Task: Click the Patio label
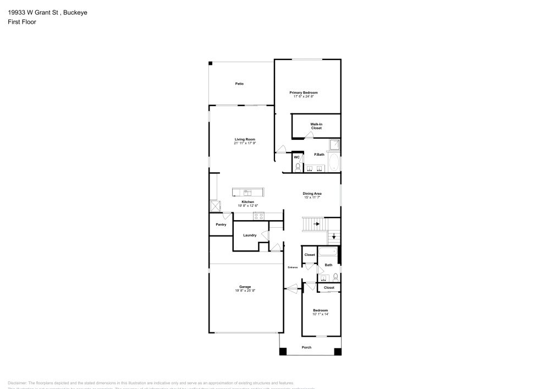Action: (x=239, y=84)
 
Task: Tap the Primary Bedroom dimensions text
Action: (x=304, y=97)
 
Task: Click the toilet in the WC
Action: (x=297, y=166)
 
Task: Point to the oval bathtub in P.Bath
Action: (x=334, y=163)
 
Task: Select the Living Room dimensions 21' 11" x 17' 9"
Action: (x=245, y=143)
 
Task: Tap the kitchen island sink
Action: (x=248, y=193)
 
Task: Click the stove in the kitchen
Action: (x=258, y=215)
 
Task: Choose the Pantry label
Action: (x=221, y=224)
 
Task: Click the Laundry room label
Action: (x=250, y=235)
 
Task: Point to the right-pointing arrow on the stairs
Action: (x=316, y=224)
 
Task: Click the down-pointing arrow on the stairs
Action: (x=333, y=237)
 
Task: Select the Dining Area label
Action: (x=312, y=194)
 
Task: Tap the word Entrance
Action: (x=293, y=267)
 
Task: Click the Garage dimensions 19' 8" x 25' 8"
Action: (x=245, y=291)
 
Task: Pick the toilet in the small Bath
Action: (x=335, y=277)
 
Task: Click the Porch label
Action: (x=307, y=347)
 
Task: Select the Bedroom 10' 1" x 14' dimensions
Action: (x=320, y=314)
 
